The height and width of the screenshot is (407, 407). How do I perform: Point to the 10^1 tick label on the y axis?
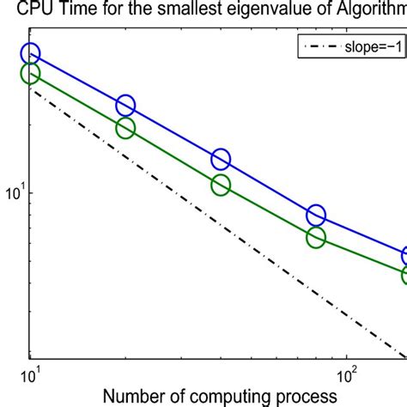click(17, 195)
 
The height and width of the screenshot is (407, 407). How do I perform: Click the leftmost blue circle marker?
click(31, 55)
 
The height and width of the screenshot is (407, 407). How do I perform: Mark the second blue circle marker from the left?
click(125, 106)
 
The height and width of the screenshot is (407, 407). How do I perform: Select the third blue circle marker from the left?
click(221, 159)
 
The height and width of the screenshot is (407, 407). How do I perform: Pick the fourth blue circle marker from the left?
click(316, 216)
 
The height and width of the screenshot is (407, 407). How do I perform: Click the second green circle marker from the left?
click(125, 128)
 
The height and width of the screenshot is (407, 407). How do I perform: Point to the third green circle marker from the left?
click(221, 185)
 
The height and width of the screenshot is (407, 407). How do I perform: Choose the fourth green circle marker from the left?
click(316, 238)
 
